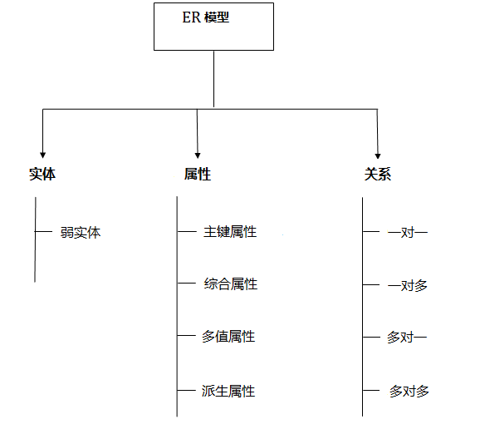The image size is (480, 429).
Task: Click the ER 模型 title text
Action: [206, 17]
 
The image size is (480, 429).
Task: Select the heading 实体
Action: [42, 174]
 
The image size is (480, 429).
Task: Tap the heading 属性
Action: [198, 174]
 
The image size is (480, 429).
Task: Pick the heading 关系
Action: [378, 174]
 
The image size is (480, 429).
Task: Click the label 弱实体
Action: [81, 233]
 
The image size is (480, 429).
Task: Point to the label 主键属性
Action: [230, 232]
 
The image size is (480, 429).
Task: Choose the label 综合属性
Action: [231, 284]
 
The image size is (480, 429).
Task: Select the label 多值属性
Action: [228, 337]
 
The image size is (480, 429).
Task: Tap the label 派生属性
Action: [228, 391]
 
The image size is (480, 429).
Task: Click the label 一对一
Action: [408, 233]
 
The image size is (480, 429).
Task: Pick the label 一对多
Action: [408, 286]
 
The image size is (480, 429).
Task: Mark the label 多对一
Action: [407, 338]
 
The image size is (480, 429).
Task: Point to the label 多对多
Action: [409, 392]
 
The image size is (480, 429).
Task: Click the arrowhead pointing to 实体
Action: [43, 155]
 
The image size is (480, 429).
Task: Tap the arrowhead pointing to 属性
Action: [198, 155]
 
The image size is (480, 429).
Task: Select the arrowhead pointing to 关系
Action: [378, 155]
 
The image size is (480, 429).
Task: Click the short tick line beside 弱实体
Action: [43, 231]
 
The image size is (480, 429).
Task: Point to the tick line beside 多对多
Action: [371, 391]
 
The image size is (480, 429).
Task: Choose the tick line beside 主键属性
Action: [187, 232]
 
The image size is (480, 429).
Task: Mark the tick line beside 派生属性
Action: [186, 391]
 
